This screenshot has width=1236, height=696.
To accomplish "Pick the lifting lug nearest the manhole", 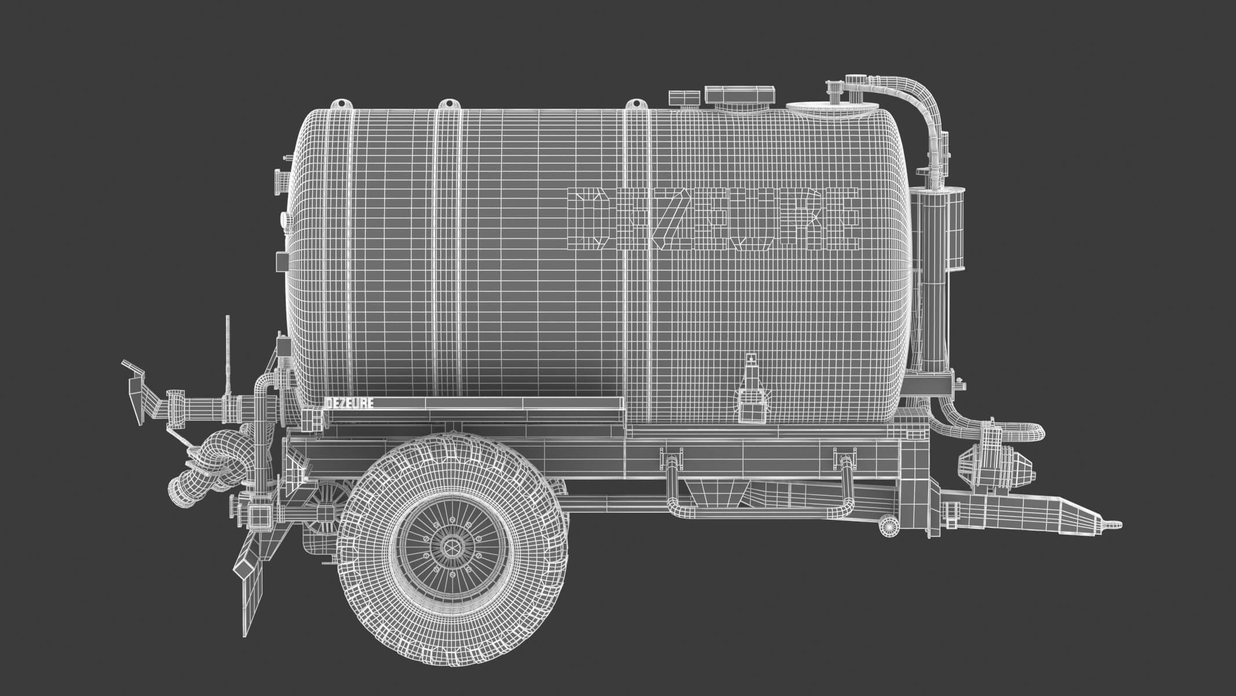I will coord(636,104).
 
